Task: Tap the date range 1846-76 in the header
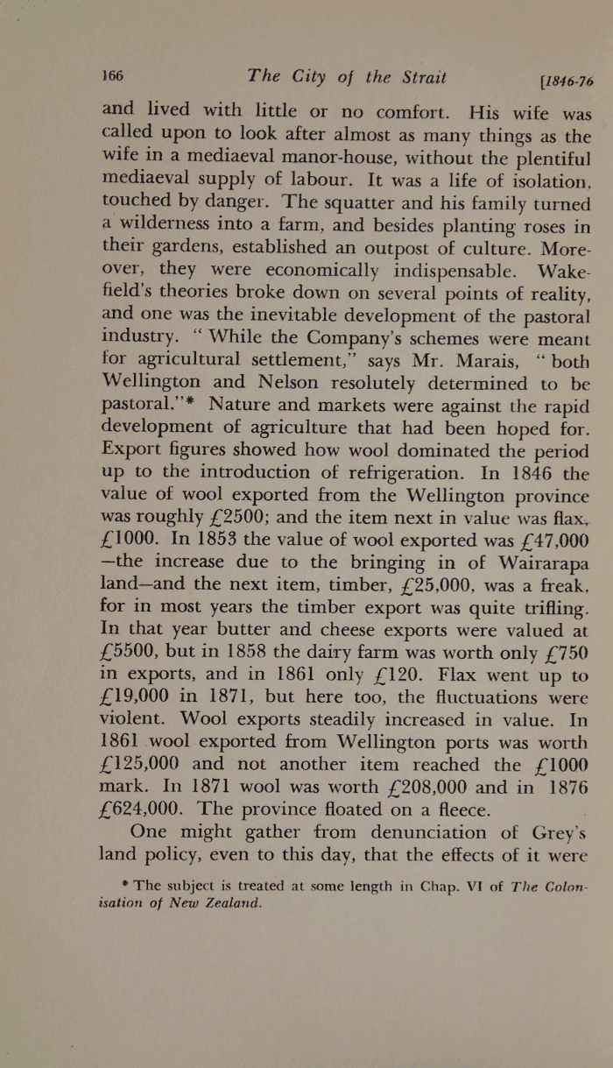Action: (x=567, y=81)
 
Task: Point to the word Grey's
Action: (x=557, y=832)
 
